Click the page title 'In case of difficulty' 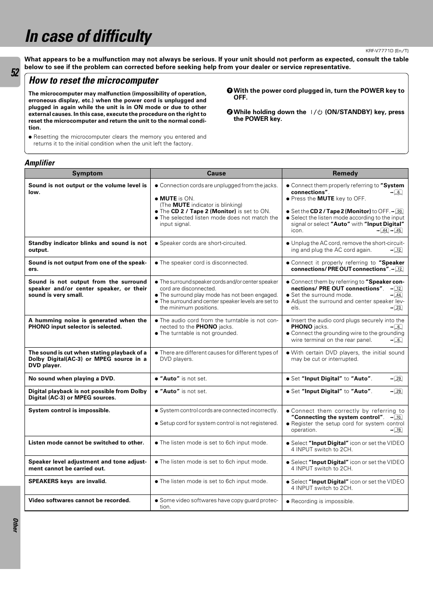pos(89,36)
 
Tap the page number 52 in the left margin pos(15,73)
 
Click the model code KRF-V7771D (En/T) pos(387,51)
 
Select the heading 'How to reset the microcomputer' pos(93,80)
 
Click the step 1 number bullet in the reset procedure pos(230,90)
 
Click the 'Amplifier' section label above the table pos(39,163)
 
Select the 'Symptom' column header pos(87,173)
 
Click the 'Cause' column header pos(216,173)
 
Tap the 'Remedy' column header pos(345,173)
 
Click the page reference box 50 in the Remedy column pos(399,211)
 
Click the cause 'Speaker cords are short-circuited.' pos(203,243)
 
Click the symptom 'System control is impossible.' pos(69,410)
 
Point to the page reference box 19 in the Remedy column pos(398,430)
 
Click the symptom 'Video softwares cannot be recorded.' pos(79,500)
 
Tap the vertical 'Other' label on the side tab pos(15,525)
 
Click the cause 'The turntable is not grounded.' pos(198,333)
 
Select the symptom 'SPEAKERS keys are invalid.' pos(67,481)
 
